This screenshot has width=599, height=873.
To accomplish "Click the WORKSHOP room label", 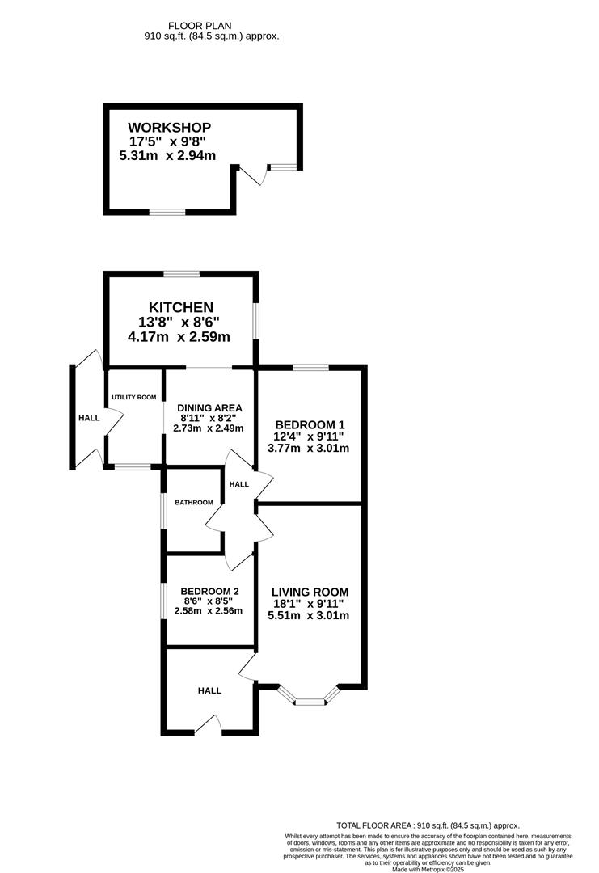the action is pyautogui.click(x=169, y=128).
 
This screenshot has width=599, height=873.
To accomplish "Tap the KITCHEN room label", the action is pyautogui.click(x=181, y=307).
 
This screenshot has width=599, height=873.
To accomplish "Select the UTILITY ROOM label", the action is pyautogui.click(x=134, y=397).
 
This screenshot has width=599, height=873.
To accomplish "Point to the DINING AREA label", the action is pyautogui.click(x=209, y=408).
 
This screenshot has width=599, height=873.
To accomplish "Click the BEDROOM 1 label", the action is pyautogui.click(x=306, y=425).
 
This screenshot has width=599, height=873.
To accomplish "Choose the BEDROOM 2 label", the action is pyautogui.click(x=210, y=591).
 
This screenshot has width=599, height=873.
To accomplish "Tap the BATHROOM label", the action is pyautogui.click(x=194, y=502).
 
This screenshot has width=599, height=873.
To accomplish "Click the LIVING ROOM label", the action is pyautogui.click(x=310, y=593).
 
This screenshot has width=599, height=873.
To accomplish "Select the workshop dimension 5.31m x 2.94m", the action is pyautogui.click(x=167, y=156).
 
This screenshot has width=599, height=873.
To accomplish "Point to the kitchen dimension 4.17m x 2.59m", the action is pyautogui.click(x=179, y=337).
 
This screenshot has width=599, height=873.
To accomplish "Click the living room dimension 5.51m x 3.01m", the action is pyautogui.click(x=309, y=615).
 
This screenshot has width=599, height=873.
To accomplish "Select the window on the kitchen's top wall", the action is pyautogui.click(x=182, y=273).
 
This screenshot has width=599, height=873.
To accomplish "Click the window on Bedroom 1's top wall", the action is pyautogui.click(x=310, y=367).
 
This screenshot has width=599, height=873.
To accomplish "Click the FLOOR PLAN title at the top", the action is pyautogui.click(x=200, y=26).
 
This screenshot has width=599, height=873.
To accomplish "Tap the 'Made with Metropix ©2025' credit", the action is pyautogui.click(x=428, y=869).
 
